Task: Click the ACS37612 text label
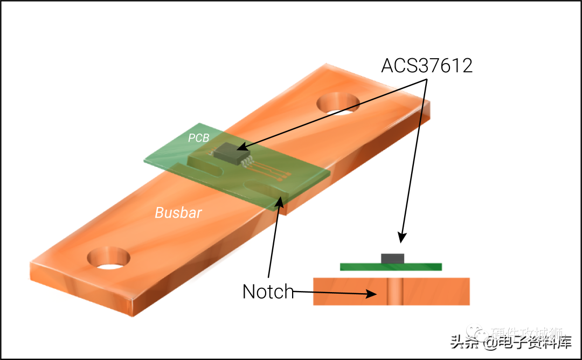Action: [x=427, y=65]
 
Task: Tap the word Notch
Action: [x=268, y=292]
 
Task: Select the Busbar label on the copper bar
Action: [x=178, y=213]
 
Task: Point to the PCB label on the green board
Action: [x=198, y=138]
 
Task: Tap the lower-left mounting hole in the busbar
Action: [x=110, y=258]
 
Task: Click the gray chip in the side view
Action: [x=392, y=259]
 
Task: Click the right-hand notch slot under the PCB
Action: [x=264, y=188]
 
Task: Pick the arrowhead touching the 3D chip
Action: [x=240, y=147]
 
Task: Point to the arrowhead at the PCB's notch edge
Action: [x=280, y=201]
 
